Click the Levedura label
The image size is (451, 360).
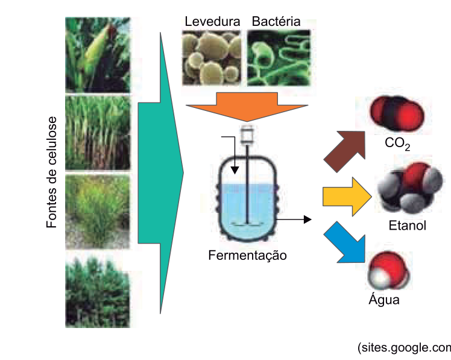[212, 22]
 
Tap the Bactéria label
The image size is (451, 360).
[276, 22]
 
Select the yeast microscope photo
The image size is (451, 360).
[212, 58]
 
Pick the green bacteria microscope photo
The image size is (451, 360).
[279, 58]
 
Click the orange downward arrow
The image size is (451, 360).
[247, 107]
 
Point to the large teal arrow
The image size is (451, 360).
[160, 173]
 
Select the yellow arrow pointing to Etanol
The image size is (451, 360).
[347, 197]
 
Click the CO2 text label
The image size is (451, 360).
[397, 144]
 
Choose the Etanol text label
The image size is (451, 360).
[407, 226]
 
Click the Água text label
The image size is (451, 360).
[384, 298]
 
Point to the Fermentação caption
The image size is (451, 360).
[247, 256]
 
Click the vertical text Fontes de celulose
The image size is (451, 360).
[52, 172]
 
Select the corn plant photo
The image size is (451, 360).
[98, 55]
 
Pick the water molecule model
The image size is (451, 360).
[388, 271]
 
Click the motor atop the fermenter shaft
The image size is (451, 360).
[247, 135]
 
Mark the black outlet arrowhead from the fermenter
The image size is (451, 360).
[307, 219]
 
